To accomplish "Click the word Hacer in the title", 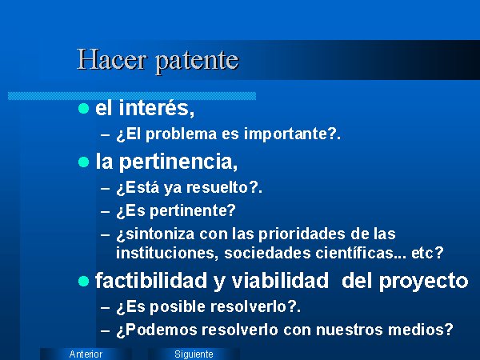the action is (x=111, y=59).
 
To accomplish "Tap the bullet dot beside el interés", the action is (x=83, y=108).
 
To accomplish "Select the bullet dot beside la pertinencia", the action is (x=83, y=162).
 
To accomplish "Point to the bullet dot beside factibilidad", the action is (x=83, y=281).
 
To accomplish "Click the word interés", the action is (x=157, y=108).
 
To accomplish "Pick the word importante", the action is (x=286, y=134).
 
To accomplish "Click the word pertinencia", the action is (x=178, y=162).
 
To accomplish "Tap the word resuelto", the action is (x=217, y=187).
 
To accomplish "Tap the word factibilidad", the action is (x=151, y=281).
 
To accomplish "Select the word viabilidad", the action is (x=280, y=281).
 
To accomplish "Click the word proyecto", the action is (x=424, y=282).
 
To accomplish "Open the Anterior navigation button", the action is (x=86, y=354).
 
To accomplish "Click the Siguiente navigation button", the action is (x=194, y=354).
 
